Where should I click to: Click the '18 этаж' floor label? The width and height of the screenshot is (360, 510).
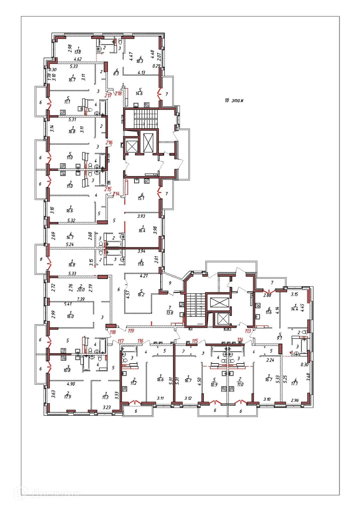pos(234,101)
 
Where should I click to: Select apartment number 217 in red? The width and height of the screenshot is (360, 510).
pos(108,95)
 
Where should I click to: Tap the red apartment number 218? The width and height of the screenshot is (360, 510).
pos(118,94)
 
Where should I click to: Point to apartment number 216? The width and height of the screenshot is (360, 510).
pos(109,143)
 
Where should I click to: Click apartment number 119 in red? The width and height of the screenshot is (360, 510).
pos(131,331)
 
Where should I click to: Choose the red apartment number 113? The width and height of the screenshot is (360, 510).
pos(248,331)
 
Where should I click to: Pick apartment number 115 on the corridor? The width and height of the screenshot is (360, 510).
pos(195,341)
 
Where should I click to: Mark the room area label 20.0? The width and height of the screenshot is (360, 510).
pos(81,290)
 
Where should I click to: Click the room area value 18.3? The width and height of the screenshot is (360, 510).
pos(140,61)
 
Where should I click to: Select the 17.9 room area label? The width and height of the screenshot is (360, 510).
pos(67,396)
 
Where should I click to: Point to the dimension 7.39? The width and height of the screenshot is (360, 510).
pos(81,299)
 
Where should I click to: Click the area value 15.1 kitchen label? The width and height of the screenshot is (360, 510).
pos(141,198)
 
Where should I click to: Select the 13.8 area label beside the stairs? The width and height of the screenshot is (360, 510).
pos(170,313)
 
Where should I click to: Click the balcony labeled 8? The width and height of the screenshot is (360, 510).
pos(41,259)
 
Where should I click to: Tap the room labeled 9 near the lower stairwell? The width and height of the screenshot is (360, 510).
pos(170,283)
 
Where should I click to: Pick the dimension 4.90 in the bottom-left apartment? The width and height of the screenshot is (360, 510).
pos(71,384)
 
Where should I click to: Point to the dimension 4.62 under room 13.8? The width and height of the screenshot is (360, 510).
pos(78,59)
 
